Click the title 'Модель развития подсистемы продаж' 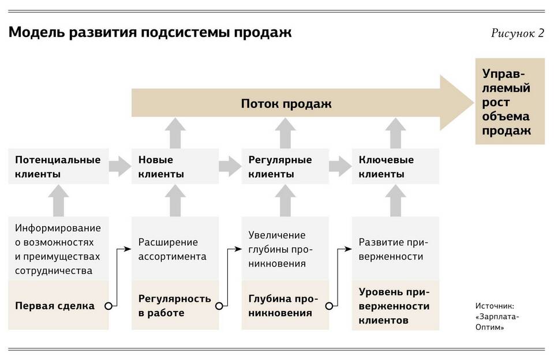(150, 32)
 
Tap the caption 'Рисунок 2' (517, 33)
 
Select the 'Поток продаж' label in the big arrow (286, 104)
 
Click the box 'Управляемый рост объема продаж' (510, 102)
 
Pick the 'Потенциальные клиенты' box (58, 166)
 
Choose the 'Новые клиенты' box (175, 166)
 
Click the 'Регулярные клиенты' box (285, 166)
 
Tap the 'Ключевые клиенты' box (395, 166)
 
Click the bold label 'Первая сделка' (55, 306)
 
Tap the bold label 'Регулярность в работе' (174, 306)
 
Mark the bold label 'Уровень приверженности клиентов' (394, 306)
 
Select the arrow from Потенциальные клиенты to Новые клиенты (120, 166)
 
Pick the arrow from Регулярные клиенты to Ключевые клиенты (340, 166)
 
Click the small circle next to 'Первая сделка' (108, 306)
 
